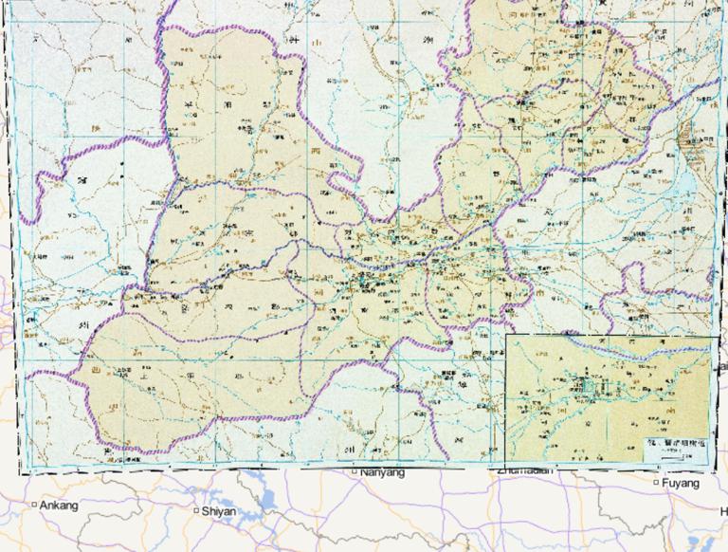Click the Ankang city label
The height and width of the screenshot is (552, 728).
pos(59,505)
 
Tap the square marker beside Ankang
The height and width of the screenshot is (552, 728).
pos(34,505)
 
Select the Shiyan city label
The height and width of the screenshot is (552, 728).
pos(219,511)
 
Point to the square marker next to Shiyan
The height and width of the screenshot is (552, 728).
pos(196,511)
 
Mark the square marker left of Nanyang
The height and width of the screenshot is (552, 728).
pos(355,471)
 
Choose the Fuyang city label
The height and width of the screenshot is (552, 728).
pos(681,484)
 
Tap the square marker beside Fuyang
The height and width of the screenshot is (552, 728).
pos(656,484)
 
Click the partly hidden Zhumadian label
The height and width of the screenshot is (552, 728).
pos(521,469)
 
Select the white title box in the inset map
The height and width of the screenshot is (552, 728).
pos(675,449)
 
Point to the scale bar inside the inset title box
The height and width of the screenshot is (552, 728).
pos(675,456)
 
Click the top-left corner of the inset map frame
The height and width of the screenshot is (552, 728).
pos(506,336)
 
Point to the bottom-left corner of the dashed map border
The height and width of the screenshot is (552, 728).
pos(21,470)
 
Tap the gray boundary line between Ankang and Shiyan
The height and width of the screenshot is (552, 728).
pos(123,512)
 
